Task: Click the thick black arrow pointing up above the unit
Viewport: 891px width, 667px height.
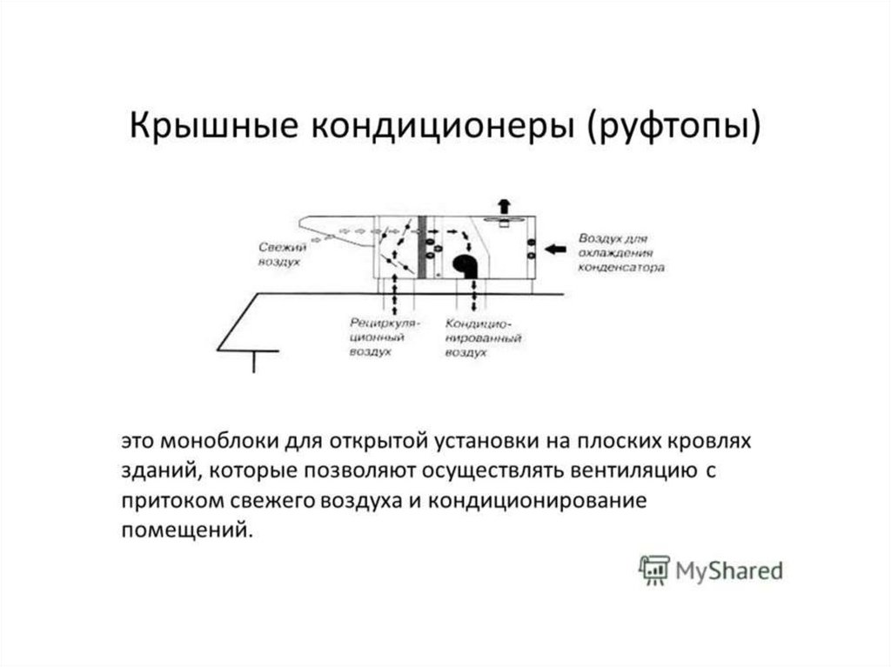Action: pos(504,205)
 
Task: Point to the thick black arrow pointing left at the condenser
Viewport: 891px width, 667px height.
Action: pos(554,250)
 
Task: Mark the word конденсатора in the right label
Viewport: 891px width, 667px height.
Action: pos(622,268)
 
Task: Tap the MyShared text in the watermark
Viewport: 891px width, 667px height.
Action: pos(728,571)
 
